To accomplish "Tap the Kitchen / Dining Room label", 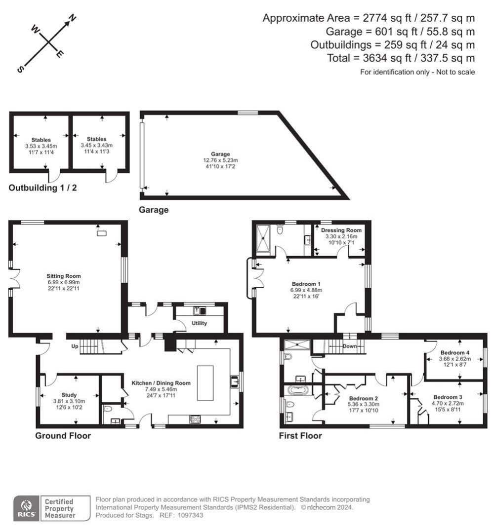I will coord(161,382).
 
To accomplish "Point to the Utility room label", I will coord(199,323).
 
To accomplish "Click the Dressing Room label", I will coord(341,230).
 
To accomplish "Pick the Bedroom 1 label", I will coord(306,284).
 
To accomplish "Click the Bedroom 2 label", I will coord(363,398).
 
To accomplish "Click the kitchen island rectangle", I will coord(207,382).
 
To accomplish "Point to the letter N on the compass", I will coord(72,19).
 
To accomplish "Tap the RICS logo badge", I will coord(26,508).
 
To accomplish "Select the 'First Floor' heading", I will coord(300,436).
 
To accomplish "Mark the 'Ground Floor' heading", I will coord(63,436).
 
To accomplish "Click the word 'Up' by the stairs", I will coord(76,346).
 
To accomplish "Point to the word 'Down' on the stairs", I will coord(349,346).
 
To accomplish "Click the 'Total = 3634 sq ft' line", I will coord(401,58).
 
